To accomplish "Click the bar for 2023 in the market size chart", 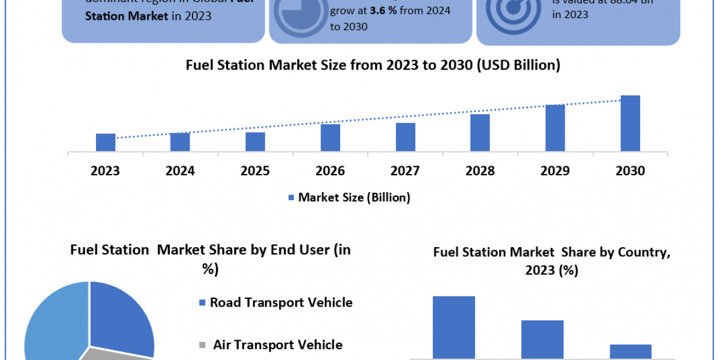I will click(106, 142).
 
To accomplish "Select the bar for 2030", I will click(630, 123).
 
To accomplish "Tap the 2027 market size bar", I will click(406, 137).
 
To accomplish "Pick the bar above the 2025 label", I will click(256, 142).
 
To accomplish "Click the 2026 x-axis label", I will click(330, 171).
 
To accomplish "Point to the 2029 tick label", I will click(555, 171).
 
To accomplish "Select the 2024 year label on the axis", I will click(180, 171).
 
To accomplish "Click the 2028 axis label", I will click(480, 171).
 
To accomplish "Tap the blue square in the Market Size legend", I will click(292, 197).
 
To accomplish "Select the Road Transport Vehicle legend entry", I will click(281, 302).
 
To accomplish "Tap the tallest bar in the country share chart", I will click(454, 327).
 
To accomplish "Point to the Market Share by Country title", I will click(551, 261).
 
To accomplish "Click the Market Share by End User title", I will click(210, 259).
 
